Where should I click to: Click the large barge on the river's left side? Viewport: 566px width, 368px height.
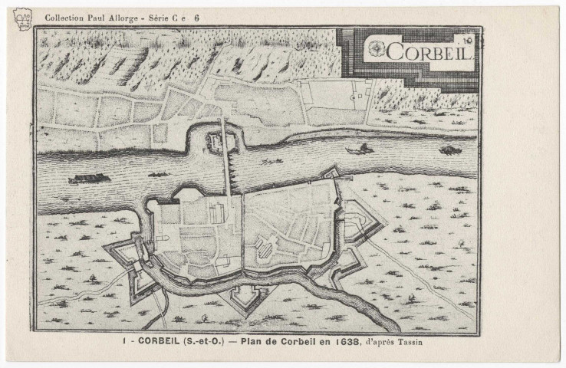(89, 179)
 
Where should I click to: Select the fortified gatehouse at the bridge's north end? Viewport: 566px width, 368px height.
(214, 139)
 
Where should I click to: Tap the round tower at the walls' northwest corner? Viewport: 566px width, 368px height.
(151, 205)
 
